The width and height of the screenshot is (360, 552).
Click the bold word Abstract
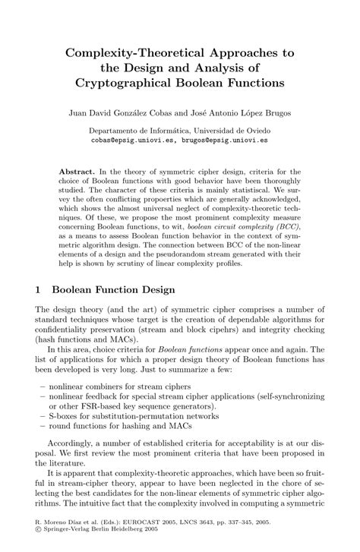(x=79, y=173)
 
